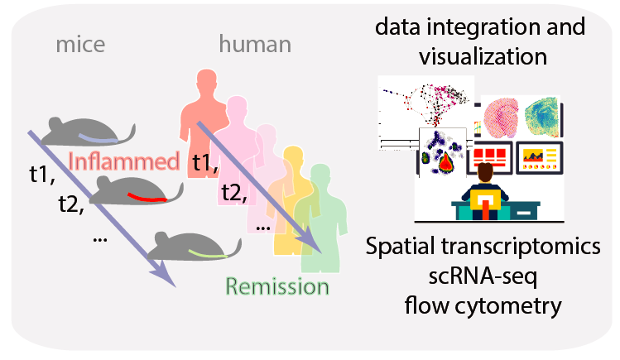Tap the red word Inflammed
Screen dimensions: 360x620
coord(124,161)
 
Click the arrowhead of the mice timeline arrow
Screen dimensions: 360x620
coord(169,280)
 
